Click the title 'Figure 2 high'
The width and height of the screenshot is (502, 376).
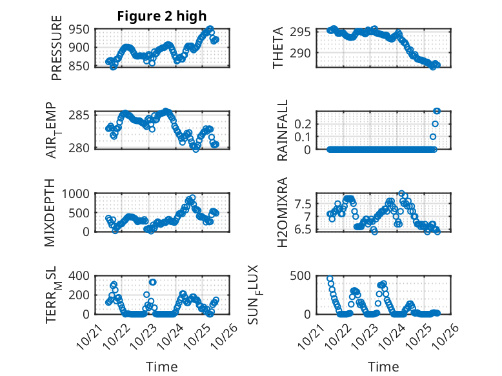tap(162, 17)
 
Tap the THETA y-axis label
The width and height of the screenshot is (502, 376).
tap(278, 47)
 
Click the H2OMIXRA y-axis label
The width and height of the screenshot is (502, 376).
tap(283, 213)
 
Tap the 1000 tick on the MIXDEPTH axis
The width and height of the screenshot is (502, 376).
tap(79, 193)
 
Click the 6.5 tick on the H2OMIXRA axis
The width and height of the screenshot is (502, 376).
tap(305, 230)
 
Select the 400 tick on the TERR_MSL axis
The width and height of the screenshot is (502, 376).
tap(81, 276)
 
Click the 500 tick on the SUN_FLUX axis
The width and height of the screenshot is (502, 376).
tap(303, 276)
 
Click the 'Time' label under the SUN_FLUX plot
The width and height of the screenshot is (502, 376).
tap(383, 366)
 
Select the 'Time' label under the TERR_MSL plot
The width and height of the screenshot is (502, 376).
tap(162, 366)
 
